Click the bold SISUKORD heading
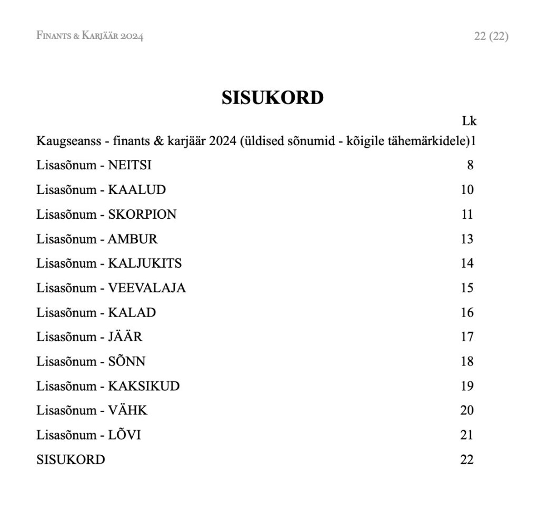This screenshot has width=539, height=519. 272,98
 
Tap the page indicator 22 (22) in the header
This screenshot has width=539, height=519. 491,36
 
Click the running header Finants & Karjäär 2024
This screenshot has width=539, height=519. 89,36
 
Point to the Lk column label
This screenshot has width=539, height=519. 469,121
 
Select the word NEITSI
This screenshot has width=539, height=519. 129,165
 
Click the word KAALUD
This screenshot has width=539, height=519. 137,190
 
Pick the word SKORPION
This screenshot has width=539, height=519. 142,215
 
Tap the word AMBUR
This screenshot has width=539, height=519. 133,239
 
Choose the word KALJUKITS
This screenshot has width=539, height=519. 145,263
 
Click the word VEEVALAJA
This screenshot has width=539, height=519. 147,288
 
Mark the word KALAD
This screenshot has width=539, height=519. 132,313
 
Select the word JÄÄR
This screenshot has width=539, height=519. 125,337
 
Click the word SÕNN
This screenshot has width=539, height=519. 126,362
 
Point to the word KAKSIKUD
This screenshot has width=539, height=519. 144,386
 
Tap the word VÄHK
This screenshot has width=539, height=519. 128,411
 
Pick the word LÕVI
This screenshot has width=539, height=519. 124,435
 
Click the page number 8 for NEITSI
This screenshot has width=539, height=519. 470,165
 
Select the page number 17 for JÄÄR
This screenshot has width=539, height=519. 467,337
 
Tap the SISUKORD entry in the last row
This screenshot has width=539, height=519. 71,460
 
